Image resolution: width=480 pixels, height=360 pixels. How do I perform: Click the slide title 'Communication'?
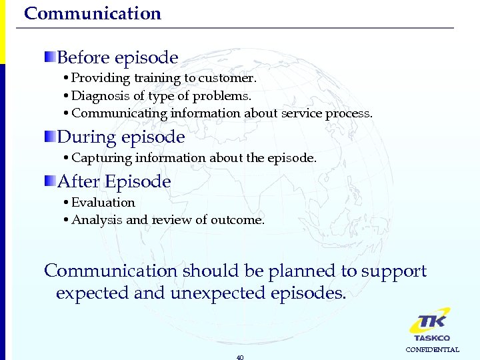click(x=93, y=13)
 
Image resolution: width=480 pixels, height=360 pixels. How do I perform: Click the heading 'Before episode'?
click(x=117, y=58)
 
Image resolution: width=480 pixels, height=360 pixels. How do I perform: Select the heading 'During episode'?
click(x=121, y=137)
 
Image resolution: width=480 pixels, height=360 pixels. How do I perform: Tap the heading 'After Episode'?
click(x=114, y=181)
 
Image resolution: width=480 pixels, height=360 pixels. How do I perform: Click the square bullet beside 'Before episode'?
click(x=50, y=56)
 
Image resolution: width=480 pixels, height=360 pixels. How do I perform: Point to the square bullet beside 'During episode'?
click(x=50, y=136)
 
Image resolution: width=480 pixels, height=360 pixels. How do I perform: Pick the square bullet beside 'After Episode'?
click(x=50, y=180)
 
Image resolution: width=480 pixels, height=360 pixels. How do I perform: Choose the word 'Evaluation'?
click(x=103, y=202)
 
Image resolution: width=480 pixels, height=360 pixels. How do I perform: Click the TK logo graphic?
click(x=429, y=321)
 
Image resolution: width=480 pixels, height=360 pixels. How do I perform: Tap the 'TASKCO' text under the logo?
click(x=432, y=338)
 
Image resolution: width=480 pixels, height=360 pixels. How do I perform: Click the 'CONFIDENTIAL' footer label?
click(x=433, y=350)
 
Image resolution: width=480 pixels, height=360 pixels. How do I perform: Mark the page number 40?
click(x=240, y=357)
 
